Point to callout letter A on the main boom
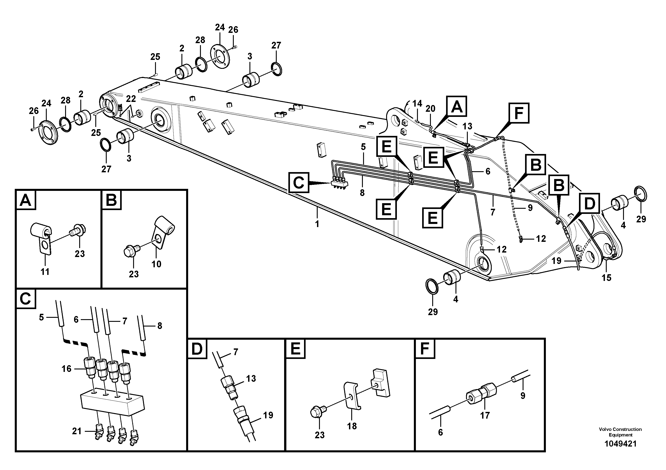point(457,106)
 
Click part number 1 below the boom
point(317,224)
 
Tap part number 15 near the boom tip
point(606,278)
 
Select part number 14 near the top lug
point(417,103)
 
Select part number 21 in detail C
point(77,431)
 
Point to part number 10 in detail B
point(156,264)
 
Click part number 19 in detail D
point(268,415)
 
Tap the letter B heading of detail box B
point(111,200)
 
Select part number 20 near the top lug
point(430,109)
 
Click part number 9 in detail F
point(523,396)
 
